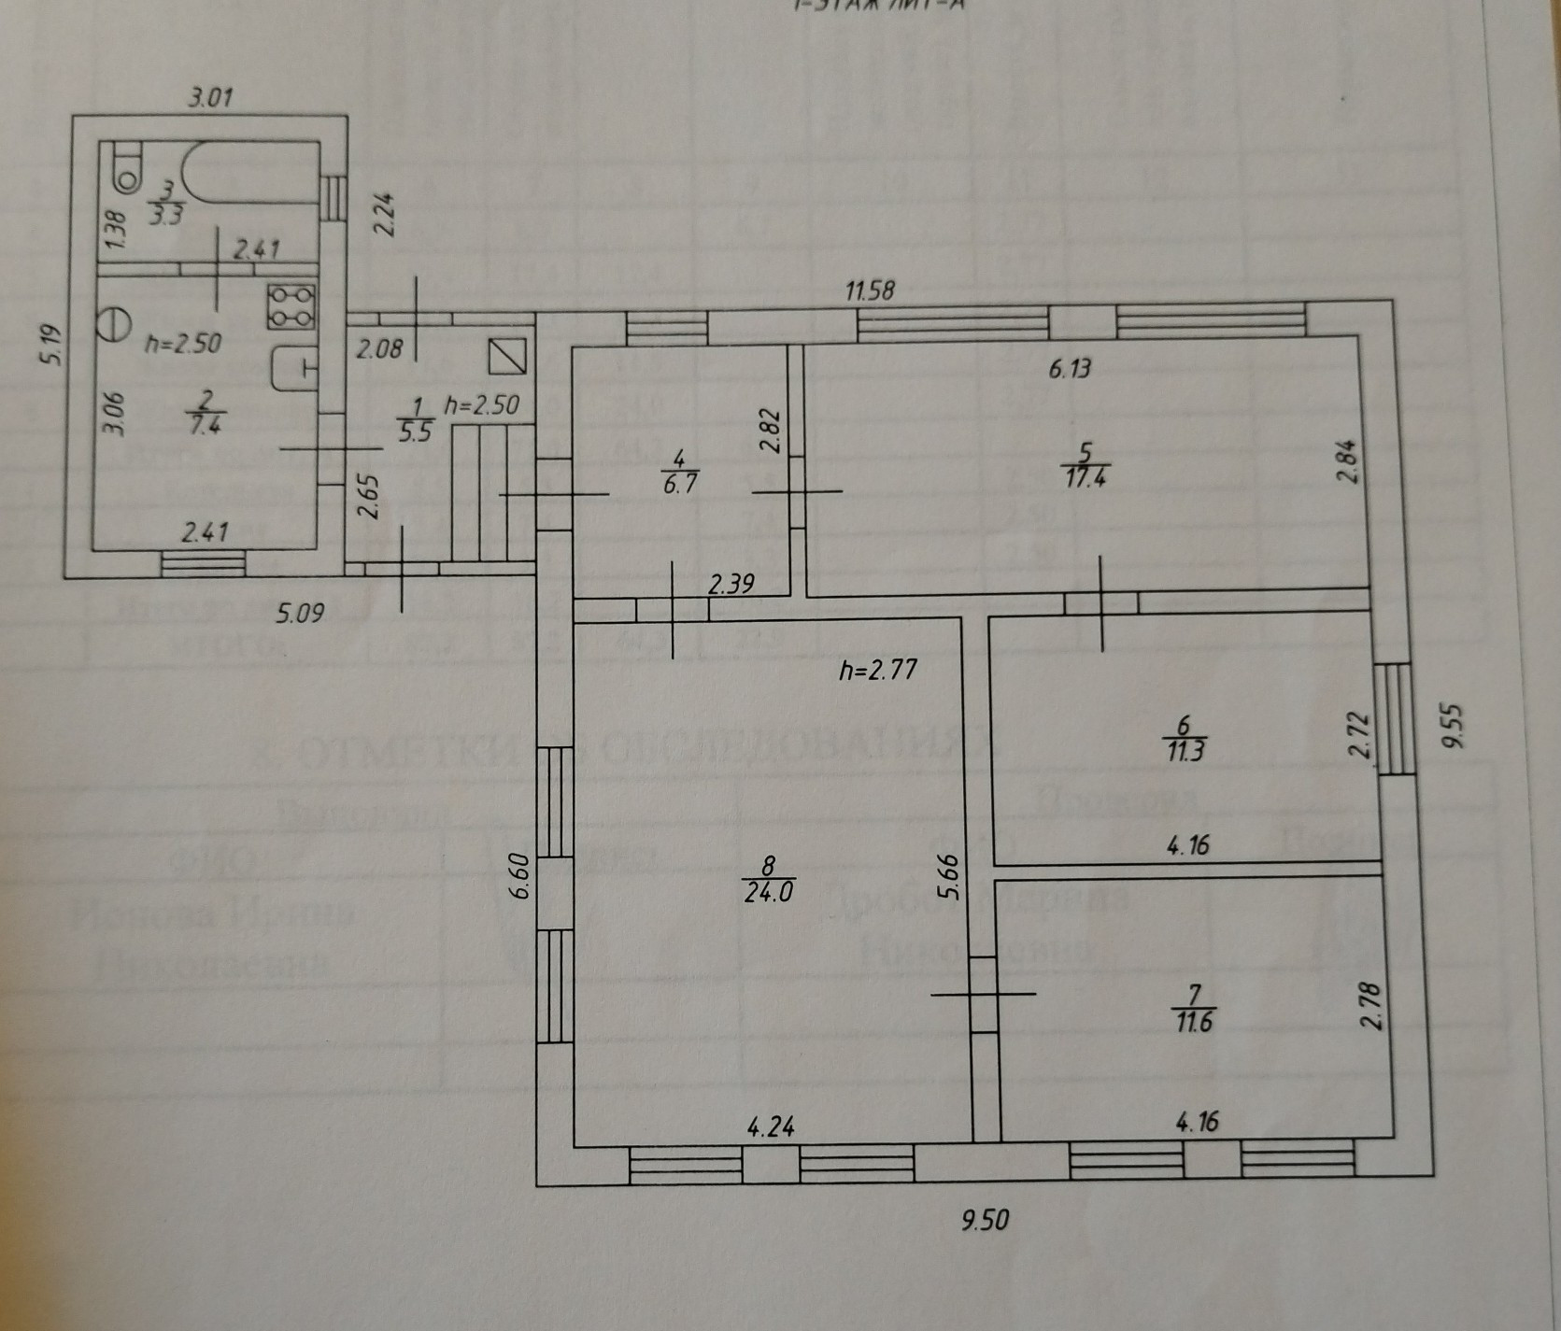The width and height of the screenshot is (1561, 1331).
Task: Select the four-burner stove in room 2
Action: pyautogui.click(x=292, y=306)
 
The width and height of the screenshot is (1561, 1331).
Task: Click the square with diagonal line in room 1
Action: pyautogui.click(x=507, y=355)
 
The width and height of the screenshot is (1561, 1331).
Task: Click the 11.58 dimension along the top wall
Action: pyautogui.click(x=870, y=290)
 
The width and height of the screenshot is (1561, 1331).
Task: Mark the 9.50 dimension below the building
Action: pyautogui.click(x=986, y=1220)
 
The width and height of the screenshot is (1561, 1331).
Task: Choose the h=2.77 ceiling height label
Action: pyautogui.click(x=877, y=669)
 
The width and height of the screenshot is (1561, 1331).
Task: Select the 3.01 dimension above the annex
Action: pyautogui.click(x=210, y=97)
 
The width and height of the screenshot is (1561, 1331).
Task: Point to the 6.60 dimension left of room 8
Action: pyautogui.click(x=521, y=877)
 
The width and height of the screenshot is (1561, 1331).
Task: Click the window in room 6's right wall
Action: pyautogui.click(x=1397, y=718)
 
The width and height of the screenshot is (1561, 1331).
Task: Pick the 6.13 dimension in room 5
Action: pyautogui.click(x=1070, y=368)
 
